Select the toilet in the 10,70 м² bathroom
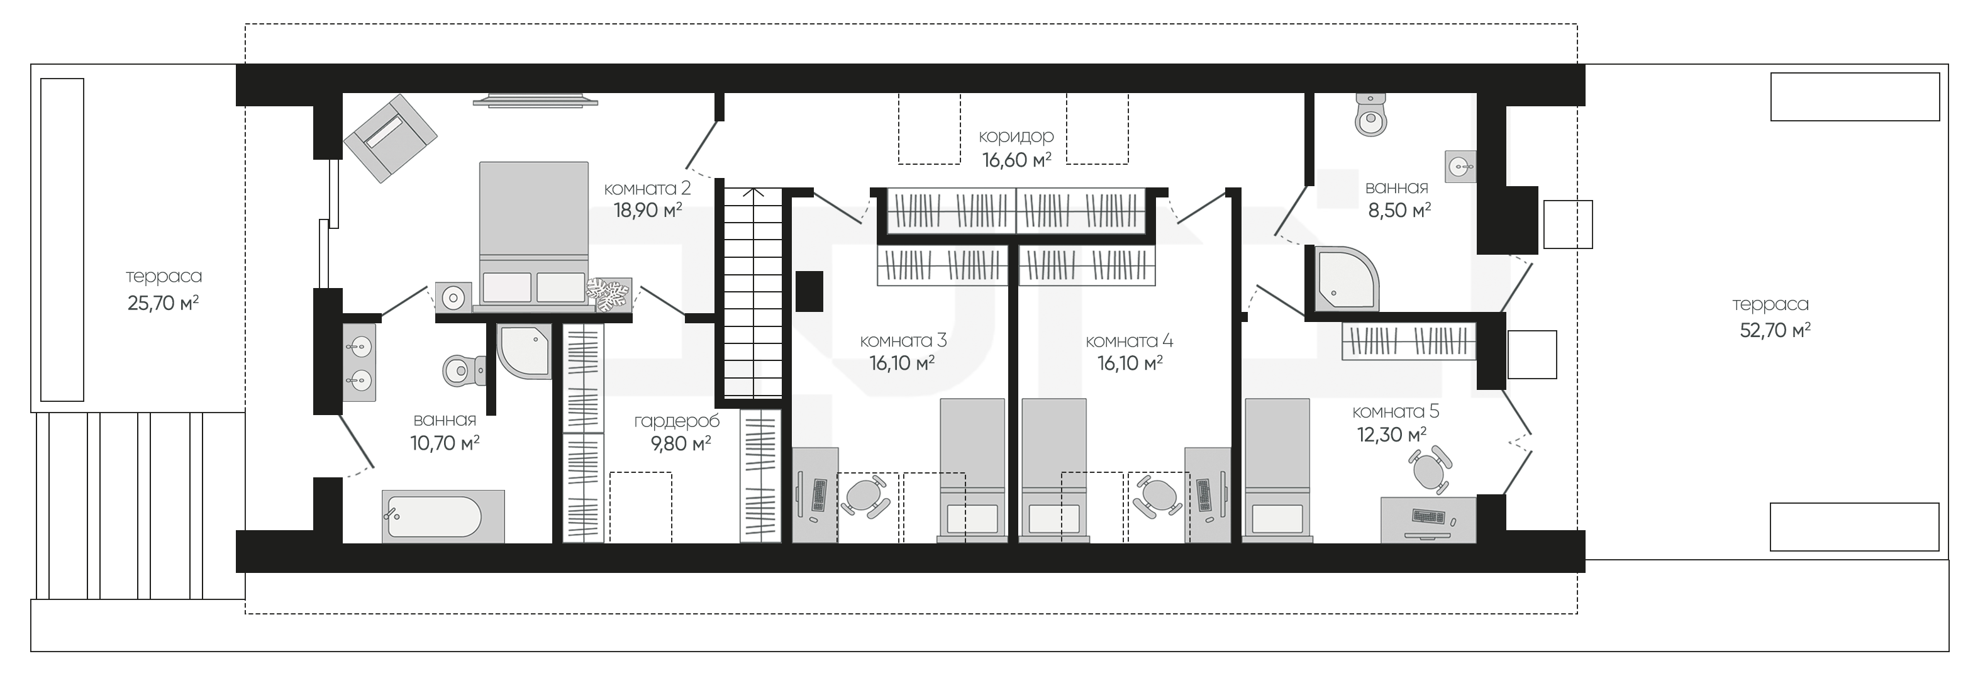coord(464,370)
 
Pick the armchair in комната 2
coord(391,138)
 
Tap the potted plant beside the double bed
coord(609,296)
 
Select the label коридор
coord(1016,136)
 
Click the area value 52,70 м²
coord(1775,330)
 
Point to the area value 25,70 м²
coord(163,303)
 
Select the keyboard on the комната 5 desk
coord(1429,518)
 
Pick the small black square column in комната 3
coord(809,291)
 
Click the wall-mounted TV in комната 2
coord(535,100)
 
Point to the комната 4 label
coord(1130,341)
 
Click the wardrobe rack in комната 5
coord(1408,342)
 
